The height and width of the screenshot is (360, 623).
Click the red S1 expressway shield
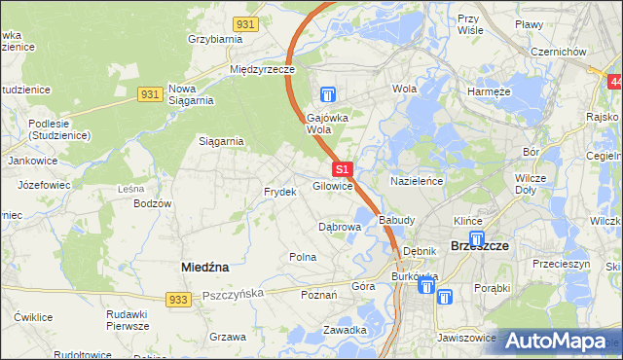(x=342, y=169)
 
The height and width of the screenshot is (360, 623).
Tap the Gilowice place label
(x=332, y=186)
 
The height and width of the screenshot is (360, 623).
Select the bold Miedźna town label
(x=205, y=266)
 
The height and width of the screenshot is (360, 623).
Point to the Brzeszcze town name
(x=480, y=247)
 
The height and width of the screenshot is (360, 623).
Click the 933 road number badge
(x=176, y=300)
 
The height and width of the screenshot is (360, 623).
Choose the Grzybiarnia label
(x=214, y=40)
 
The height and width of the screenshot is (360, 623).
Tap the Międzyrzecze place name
(x=262, y=70)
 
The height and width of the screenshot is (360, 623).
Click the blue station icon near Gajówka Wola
(x=328, y=94)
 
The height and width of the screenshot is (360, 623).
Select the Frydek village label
(x=279, y=193)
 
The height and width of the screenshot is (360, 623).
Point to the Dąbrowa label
(x=340, y=227)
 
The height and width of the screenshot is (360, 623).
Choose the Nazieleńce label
(x=417, y=182)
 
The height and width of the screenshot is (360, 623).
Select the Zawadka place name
(x=345, y=330)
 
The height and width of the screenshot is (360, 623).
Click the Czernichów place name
(x=556, y=53)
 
